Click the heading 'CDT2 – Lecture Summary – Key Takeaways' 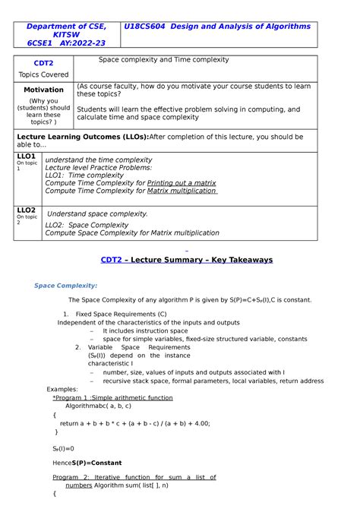click(x=186, y=259)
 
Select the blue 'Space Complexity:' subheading click(x=65, y=286)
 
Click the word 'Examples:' click(x=62, y=389)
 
